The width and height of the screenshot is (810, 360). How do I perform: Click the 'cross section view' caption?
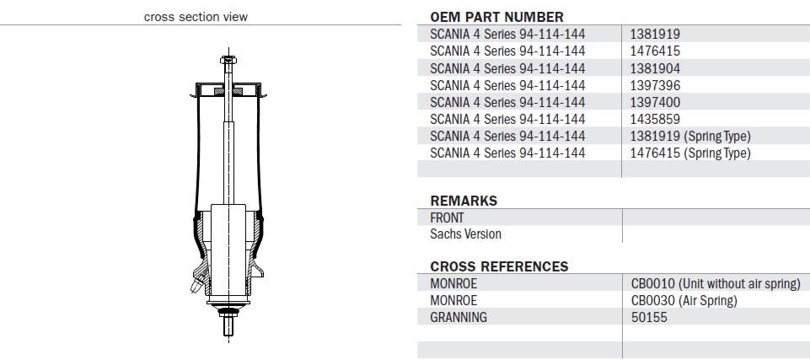(196, 17)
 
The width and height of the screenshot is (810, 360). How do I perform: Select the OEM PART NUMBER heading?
(496, 17)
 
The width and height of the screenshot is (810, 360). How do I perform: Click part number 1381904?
(655, 68)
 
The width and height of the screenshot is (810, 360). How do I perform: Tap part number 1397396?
(655, 85)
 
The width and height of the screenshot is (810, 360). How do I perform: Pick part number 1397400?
(655, 102)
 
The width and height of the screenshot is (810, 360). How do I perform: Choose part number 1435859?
(655, 119)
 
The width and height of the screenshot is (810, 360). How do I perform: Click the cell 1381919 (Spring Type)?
(690, 136)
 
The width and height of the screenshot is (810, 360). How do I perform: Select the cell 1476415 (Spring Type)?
(690, 153)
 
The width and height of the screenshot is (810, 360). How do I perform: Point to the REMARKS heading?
(464, 201)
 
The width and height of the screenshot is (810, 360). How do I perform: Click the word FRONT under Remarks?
(447, 218)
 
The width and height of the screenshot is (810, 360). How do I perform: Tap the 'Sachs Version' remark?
(465, 234)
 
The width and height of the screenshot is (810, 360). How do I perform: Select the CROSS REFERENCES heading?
(499, 266)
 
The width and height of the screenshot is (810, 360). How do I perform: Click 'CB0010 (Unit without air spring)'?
(715, 284)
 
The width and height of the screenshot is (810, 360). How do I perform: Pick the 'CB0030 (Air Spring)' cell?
(684, 301)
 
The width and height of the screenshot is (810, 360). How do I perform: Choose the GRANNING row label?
(459, 318)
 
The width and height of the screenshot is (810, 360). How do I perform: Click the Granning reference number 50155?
(648, 318)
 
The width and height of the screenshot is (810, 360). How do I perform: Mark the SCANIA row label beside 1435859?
(507, 119)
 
